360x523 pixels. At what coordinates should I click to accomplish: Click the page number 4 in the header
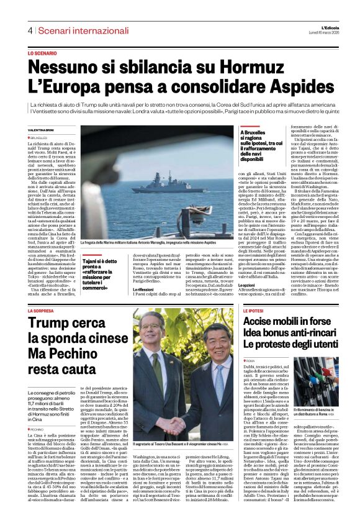pos(29,30)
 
